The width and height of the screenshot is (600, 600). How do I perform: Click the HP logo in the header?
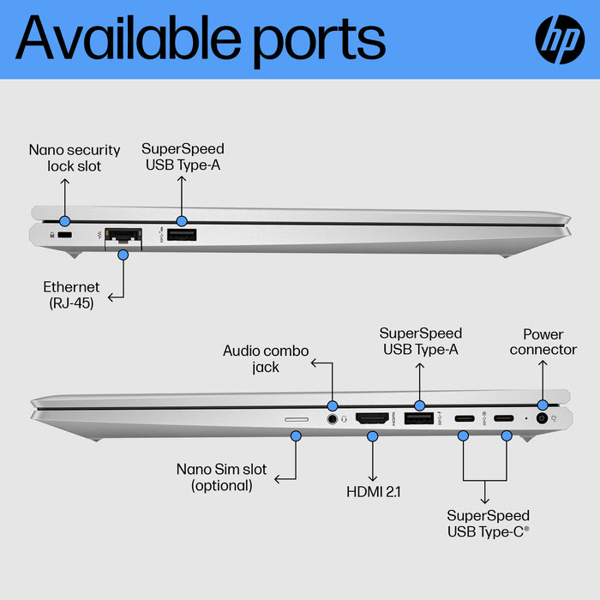pyautogui.click(x=560, y=39)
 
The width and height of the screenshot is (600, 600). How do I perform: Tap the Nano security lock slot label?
pyautogui.click(x=75, y=158)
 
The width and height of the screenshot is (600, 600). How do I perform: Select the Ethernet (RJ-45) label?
pyautogui.click(x=71, y=295)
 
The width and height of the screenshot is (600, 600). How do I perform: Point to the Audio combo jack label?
pyautogui.click(x=266, y=358)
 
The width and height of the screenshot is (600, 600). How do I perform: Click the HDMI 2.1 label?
pyautogui.click(x=373, y=491)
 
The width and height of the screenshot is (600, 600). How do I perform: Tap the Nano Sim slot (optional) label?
pyautogui.click(x=221, y=477)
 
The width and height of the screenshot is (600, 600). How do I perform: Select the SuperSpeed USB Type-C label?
pyautogui.click(x=488, y=524)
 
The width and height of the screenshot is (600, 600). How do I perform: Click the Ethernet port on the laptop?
pyautogui.click(x=122, y=236)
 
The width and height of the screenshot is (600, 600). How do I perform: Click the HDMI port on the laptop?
pyautogui.click(x=372, y=418)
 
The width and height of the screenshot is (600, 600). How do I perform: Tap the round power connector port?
pyautogui.click(x=542, y=418)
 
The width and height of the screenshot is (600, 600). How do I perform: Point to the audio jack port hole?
pyautogui.click(x=332, y=419)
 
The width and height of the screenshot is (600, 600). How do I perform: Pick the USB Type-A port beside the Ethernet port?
pyautogui.click(x=181, y=236)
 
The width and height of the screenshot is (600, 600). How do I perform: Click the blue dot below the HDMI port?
pyautogui.click(x=372, y=436)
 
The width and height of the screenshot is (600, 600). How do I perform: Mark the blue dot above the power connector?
pyautogui.click(x=542, y=405)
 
